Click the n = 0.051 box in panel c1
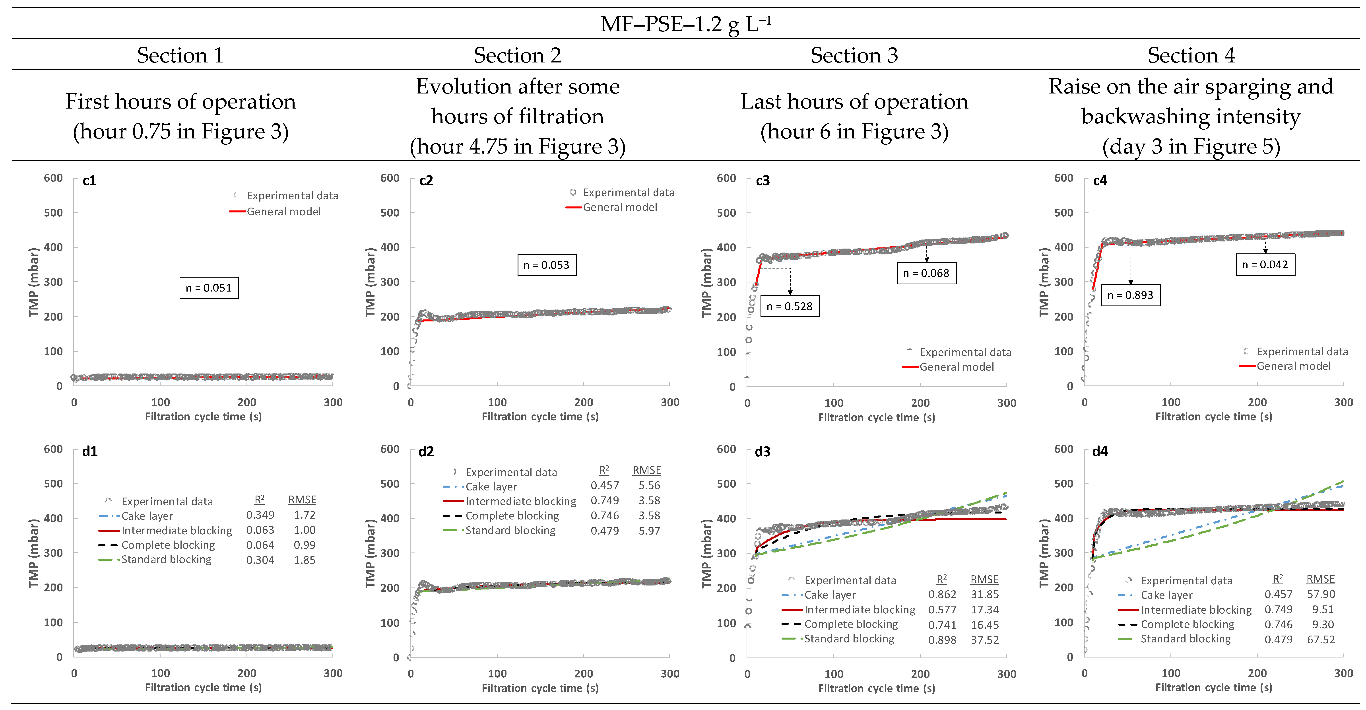pyautogui.click(x=209, y=288)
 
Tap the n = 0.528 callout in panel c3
pyautogui.click(x=790, y=306)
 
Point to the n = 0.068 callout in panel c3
pyautogui.click(x=926, y=273)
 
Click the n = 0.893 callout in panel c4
pyautogui.click(x=1131, y=295)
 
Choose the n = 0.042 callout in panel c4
pyautogui.click(x=1265, y=265)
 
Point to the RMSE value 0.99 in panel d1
pyautogui.click(x=304, y=545)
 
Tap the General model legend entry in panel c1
pyautogui.click(x=284, y=212)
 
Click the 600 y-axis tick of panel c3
pyautogui.click(x=726, y=178)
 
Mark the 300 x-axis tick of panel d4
pyautogui.click(x=1343, y=673)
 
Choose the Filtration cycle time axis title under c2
pyautogui.click(x=540, y=417)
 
